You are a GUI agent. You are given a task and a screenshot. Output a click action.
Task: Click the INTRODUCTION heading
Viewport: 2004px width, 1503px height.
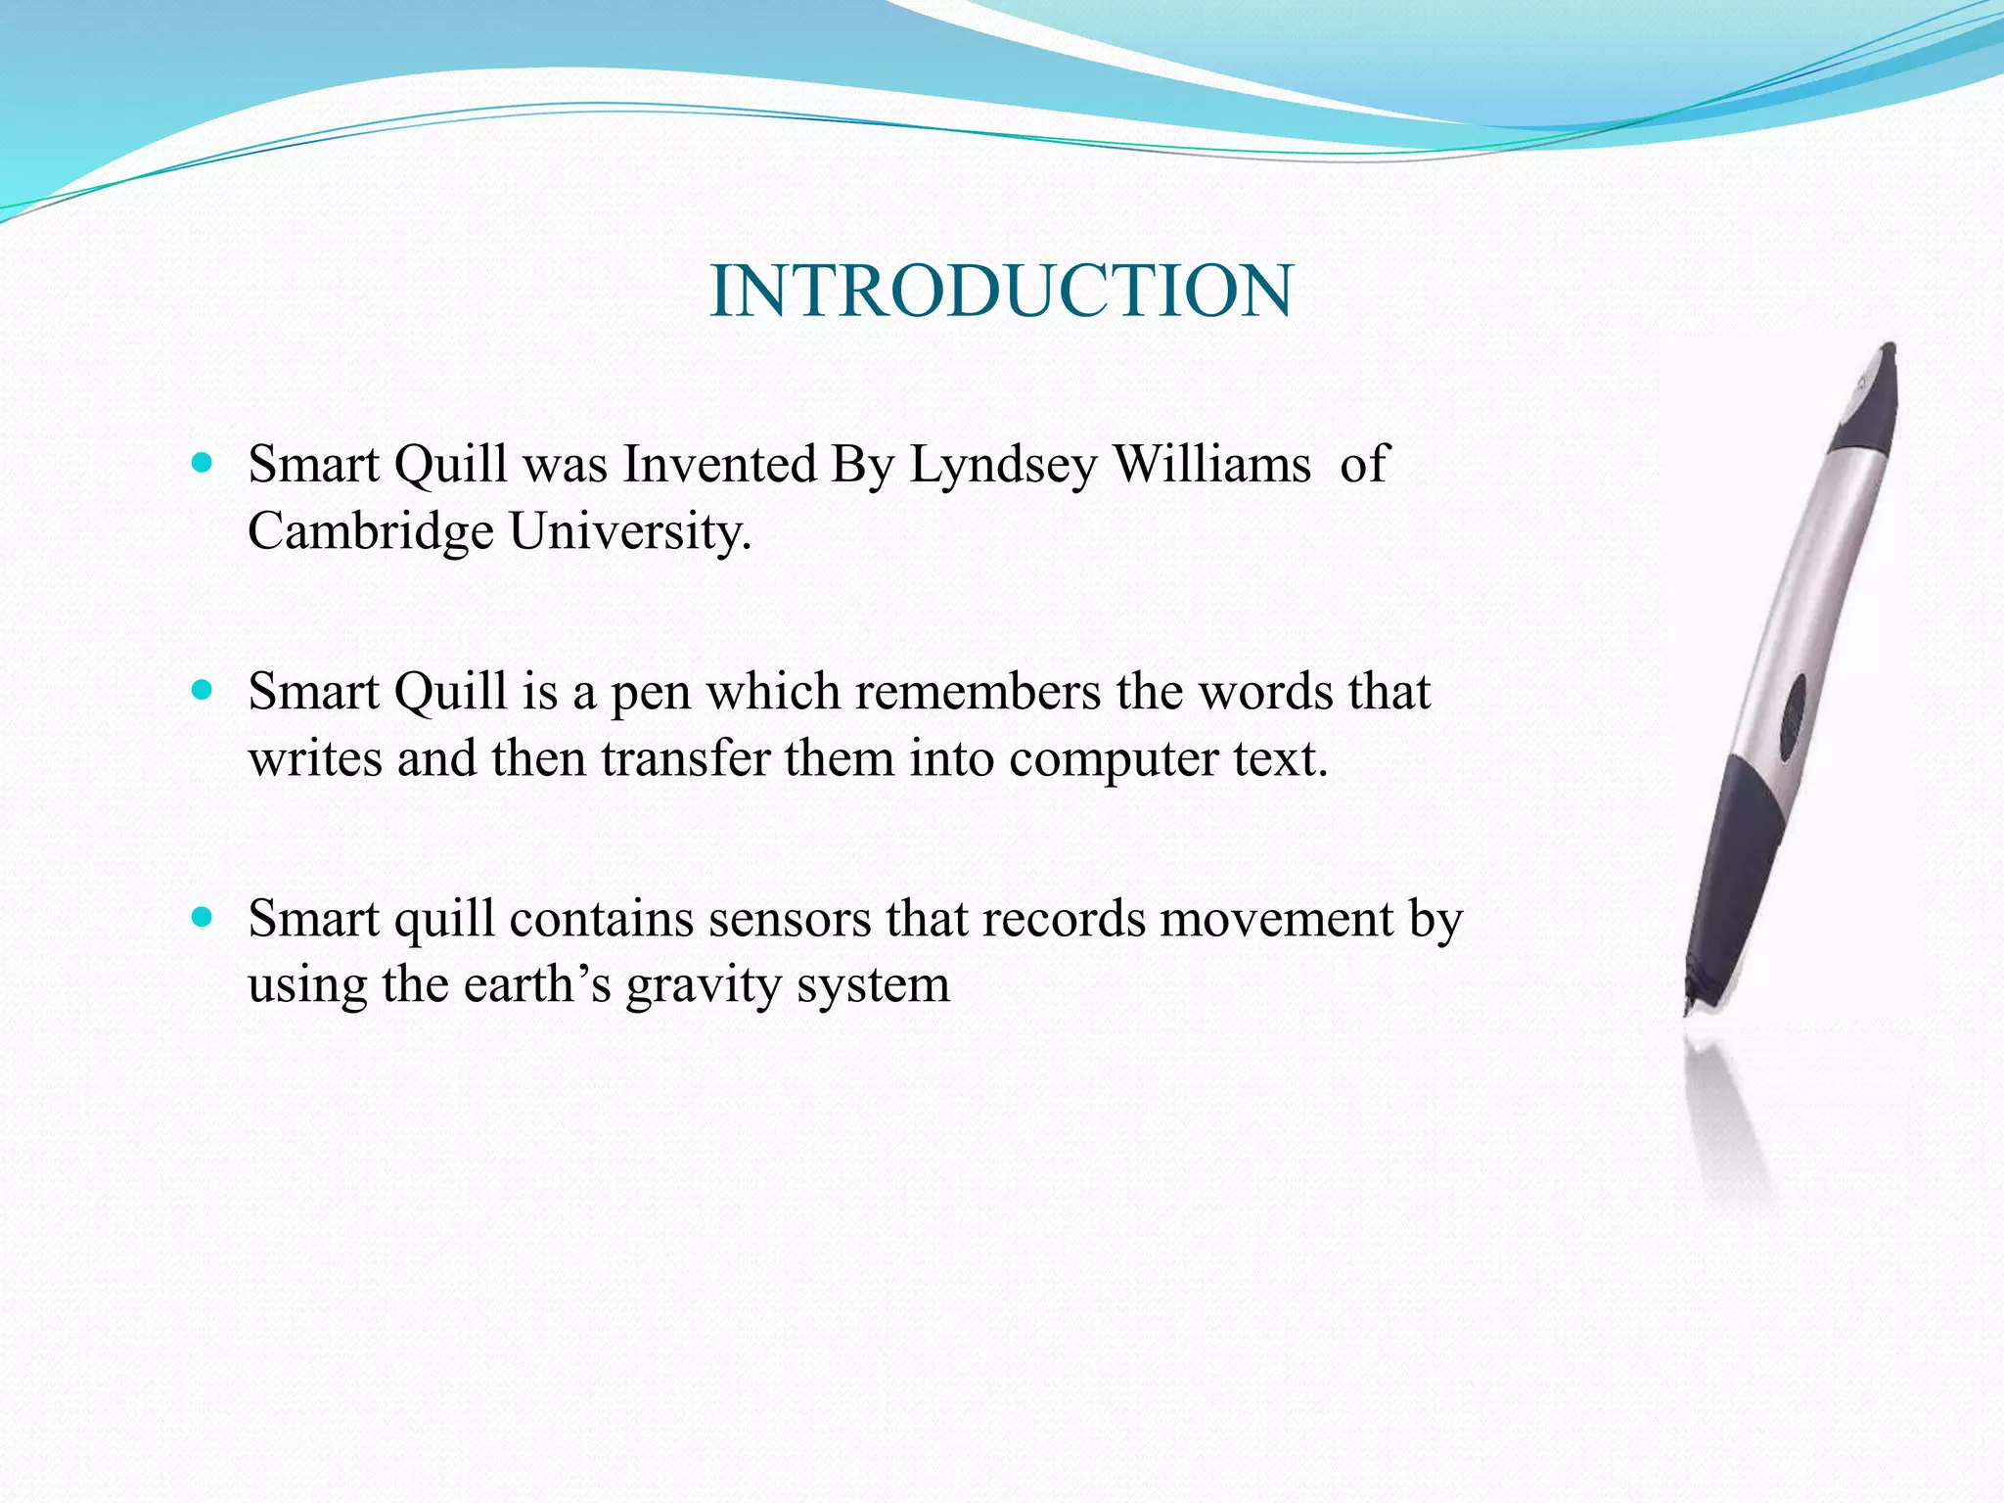coord(1000,292)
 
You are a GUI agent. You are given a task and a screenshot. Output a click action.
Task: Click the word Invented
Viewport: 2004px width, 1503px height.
coord(719,464)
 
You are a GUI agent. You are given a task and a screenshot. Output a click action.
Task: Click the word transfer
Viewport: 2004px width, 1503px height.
coord(685,758)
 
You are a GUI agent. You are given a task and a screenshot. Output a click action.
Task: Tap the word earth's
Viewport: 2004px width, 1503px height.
coord(537,984)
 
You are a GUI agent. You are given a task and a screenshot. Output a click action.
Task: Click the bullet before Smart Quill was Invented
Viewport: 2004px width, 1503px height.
coord(203,463)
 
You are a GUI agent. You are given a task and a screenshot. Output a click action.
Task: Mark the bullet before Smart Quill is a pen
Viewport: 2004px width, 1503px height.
coord(203,691)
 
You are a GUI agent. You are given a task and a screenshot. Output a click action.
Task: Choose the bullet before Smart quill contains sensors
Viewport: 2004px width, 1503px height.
coord(203,918)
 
